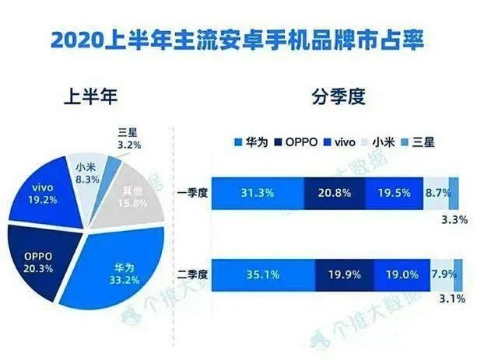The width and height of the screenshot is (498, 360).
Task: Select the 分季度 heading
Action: click(338, 99)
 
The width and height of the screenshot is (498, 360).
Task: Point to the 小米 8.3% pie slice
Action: click(86, 170)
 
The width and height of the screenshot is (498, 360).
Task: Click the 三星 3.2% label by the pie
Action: click(128, 138)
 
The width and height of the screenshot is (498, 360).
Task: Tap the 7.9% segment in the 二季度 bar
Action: click(441, 274)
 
